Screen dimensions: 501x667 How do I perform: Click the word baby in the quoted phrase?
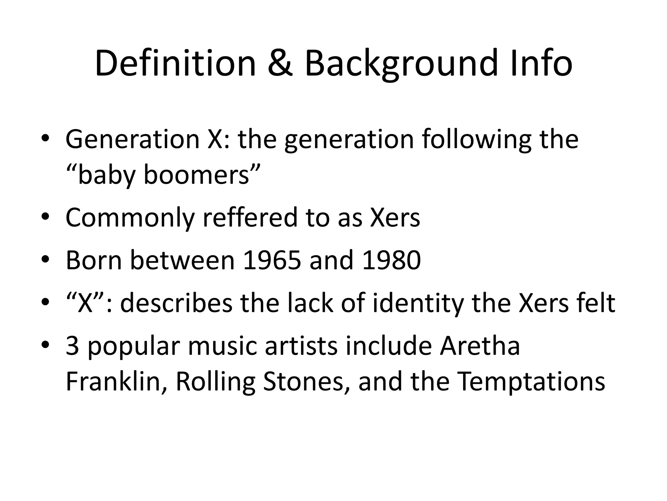coord(106,175)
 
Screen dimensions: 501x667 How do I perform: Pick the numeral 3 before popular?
coord(72,346)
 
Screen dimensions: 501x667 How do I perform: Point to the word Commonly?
coord(130,218)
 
